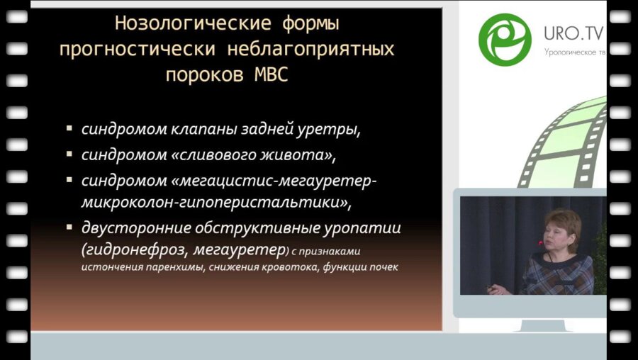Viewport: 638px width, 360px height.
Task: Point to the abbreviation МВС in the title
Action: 270,75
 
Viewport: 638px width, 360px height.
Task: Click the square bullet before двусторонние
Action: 69,227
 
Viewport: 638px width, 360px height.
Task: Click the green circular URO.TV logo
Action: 505,38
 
